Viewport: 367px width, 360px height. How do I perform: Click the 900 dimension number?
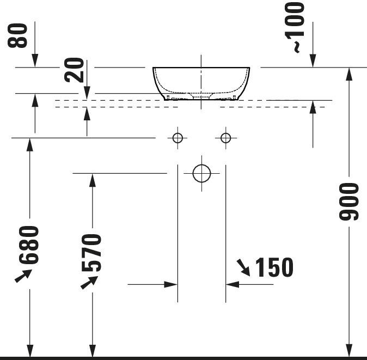point(349,202)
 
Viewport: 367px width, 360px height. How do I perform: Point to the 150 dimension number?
point(274,267)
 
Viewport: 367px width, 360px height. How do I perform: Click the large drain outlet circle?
point(201,173)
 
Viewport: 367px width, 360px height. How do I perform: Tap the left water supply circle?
point(178,138)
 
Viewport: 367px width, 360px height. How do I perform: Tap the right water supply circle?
point(225,138)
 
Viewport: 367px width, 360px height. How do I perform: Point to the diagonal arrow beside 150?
point(243,267)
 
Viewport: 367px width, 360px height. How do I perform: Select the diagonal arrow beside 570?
point(88,282)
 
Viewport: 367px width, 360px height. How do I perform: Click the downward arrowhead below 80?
point(34,61)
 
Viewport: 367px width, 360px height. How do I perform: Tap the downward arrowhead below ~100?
point(313,61)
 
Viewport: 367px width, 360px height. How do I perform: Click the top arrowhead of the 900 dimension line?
point(349,74)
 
